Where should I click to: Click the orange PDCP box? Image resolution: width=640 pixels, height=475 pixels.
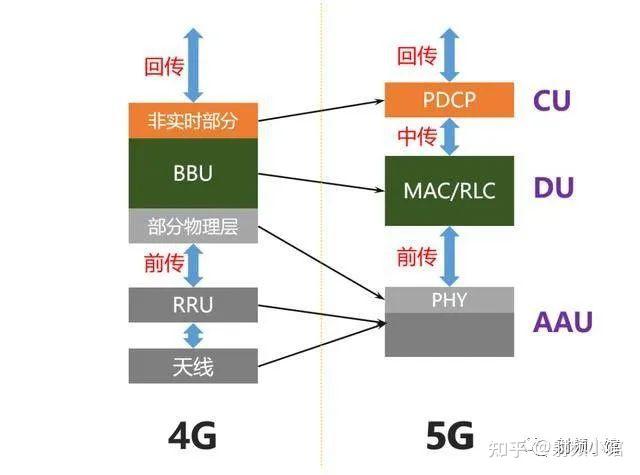pyautogui.click(x=449, y=99)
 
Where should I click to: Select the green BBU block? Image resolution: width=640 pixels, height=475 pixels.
pyautogui.click(x=193, y=173)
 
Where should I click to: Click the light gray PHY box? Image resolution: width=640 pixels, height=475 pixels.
pyautogui.click(x=449, y=298)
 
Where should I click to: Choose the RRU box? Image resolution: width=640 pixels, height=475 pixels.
pyautogui.click(x=193, y=304)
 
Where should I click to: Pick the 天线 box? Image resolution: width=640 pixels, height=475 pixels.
pyautogui.click(x=193, y=366)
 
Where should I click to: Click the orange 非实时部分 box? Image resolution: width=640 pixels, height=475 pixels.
pyautogui.click(x=193, y=121)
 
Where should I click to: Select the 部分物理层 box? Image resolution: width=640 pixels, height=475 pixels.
pyautogui.click(x=193, y=227)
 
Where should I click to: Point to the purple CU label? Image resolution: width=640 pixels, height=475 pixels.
pyautogui.click(x=552, y=100)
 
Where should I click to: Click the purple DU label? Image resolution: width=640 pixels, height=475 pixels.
pyautogui.click(x=552, y=187)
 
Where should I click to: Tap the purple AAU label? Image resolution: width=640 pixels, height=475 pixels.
pyautogui.click(x=562, y=321)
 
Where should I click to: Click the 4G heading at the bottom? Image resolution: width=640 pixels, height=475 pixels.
pyautogui.click(x=191, y=435)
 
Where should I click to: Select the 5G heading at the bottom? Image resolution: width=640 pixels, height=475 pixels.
pyautogui.click(x=449, y=435)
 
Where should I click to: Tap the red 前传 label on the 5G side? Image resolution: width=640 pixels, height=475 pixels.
pyautogui.click(x=417, y=257)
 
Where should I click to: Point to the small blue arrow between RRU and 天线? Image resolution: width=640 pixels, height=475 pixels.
pyautogui.click(x=193, y=335)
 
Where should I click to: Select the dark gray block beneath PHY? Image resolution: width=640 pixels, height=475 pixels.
pyautogui.click(x=449, y=333)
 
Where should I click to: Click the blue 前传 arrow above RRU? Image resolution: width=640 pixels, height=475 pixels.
pyautogui.click(x=193, y=265)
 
